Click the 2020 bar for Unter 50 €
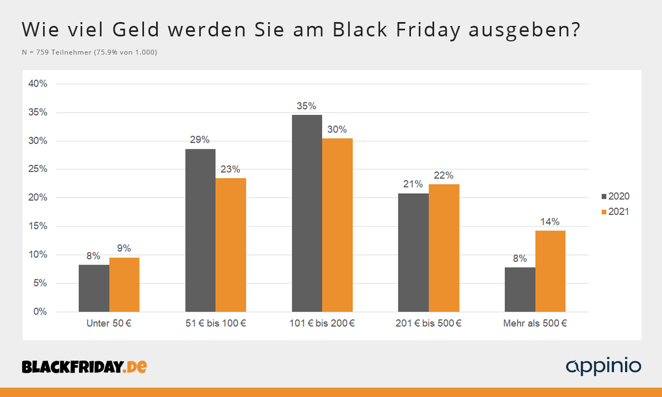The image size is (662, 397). pyautogui.click(x=94, y=288)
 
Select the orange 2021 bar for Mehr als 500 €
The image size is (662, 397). pyautogui.click(x=550, y=271)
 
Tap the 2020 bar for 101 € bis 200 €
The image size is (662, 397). pyautogui.click(x=307, y=213)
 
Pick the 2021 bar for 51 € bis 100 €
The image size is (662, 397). pyautogui.click(x=231, y=245)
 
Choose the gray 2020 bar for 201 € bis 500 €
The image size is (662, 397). pyautogui.click(x=413, y=253)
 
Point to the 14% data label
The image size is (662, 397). pyautogui.click(x=550, y=222)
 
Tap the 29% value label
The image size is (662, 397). pyautogui.click(x=200, y=141)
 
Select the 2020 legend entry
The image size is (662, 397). pyautogui.click(x=615, y=196)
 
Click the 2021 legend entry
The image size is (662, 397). pyautogui.click(x=615, y=212)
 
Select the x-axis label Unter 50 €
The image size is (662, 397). pyautogui.click(x=109, y=324)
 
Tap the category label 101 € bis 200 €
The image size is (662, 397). pyautogui.click(x=322, y=324)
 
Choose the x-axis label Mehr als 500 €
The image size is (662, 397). pyautogui.click(x=535, y=324)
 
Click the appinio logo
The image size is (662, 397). pyautogui.click(x=604, y=366)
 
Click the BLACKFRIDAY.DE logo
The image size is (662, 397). pyautogui.click(x=84, y=366)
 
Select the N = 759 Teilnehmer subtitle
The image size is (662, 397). pyautogui.click(x=89, y=52)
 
